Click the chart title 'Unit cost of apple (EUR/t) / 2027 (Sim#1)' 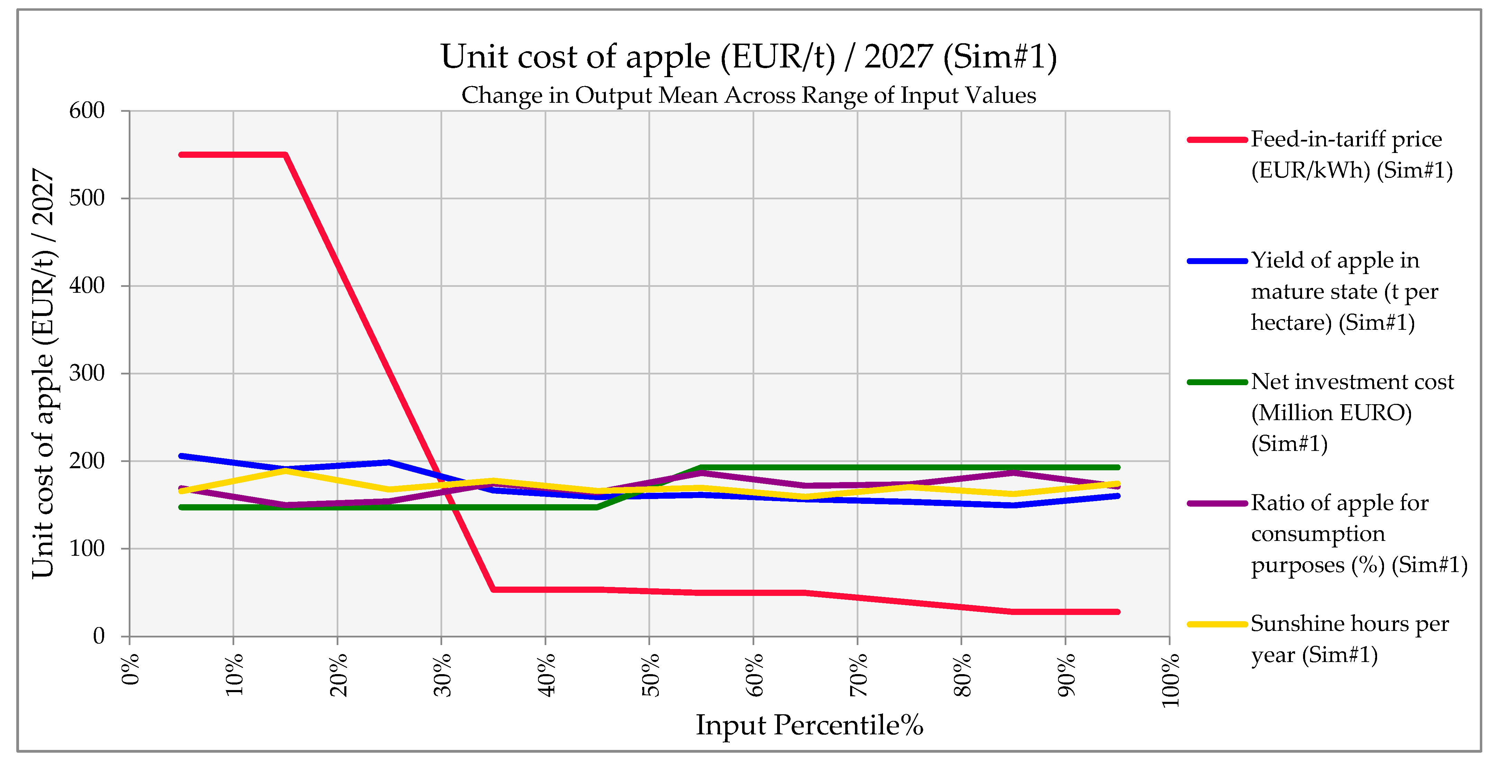coord(748,57)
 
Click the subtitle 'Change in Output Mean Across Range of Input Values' coord(748,95)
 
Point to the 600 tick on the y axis coord(87,111)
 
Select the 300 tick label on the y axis coord(87,373)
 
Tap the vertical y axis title coord(44,373)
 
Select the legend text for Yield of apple coord(1344,291)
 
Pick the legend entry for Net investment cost coord(1351,412)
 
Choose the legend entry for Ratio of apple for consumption coord(1358,533)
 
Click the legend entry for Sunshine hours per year coord(1349,639)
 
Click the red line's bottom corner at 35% coord(493,589)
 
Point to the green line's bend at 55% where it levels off coord(701,467)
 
